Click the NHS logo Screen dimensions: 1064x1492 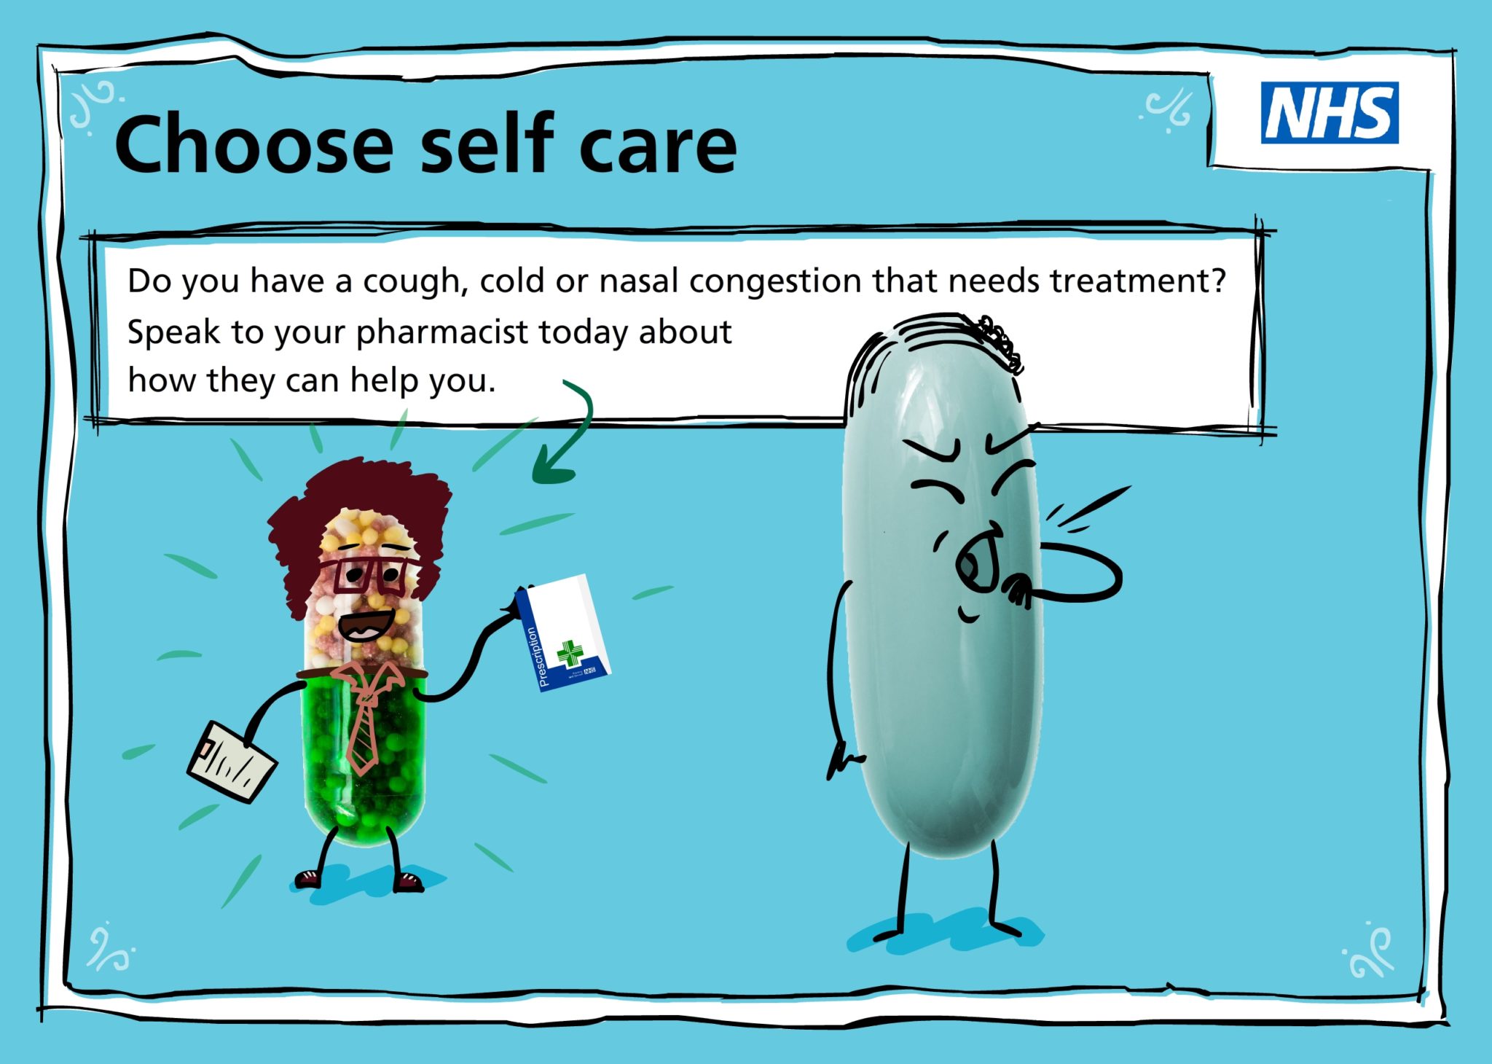[1329, 113]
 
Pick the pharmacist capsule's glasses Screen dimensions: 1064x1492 [368, 575]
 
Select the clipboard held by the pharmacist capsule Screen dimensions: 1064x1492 [232, 762]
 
